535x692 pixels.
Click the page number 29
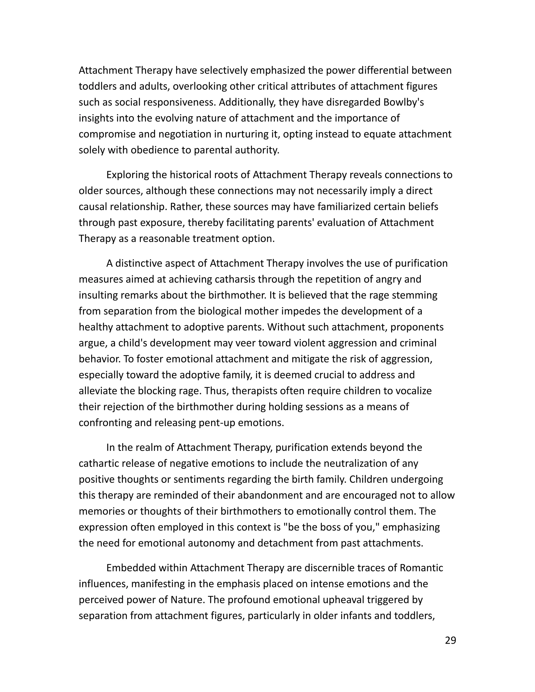click(450, 640)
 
